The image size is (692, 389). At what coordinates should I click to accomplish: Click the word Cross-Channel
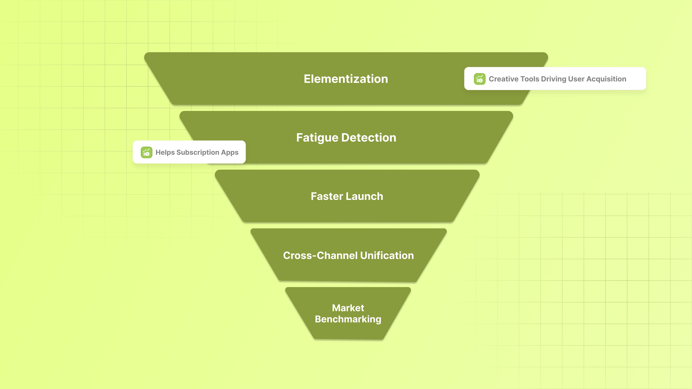(320, 255)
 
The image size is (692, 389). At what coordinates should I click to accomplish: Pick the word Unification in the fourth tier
(387, 255)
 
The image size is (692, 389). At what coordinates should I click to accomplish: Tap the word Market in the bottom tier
(348, 308)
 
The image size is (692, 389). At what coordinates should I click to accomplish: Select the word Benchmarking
(348, 319)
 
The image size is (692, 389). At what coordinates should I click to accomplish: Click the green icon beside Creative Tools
(479, 79)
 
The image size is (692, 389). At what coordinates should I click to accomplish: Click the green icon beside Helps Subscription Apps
(146, 152)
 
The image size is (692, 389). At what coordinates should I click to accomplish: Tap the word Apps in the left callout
(230, 152)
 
